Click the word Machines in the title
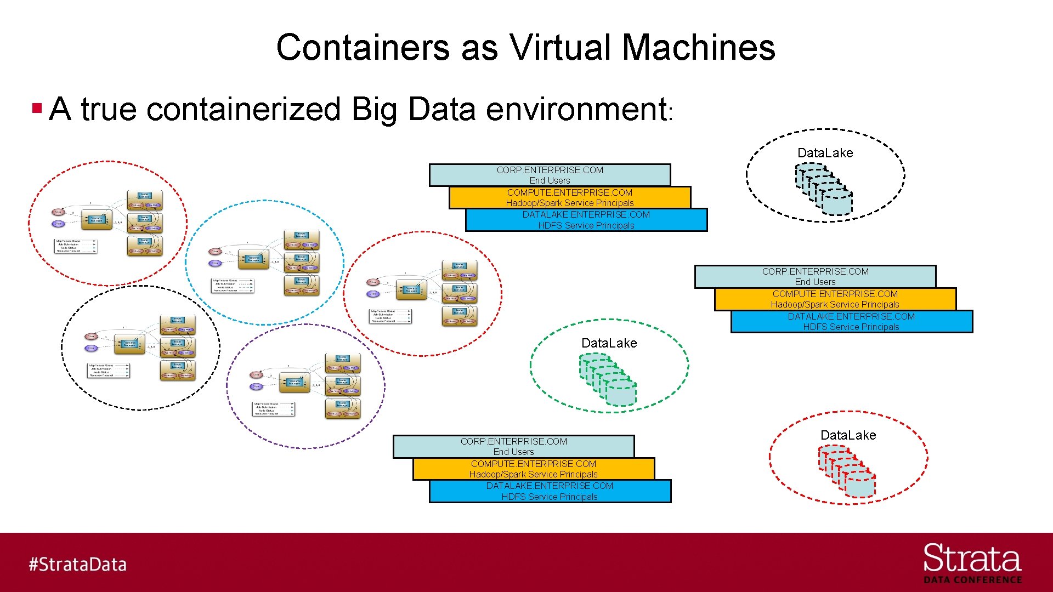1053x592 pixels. click(x=698, y=47)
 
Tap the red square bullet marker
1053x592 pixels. click(x=37, y=107)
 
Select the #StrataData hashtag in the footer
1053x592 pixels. click(x=78, y=564)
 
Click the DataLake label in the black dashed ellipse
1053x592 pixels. click(x=825, y=153)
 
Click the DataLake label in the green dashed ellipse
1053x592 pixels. click(x=609, y=343)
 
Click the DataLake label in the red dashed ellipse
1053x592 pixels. click(x=848, y=435)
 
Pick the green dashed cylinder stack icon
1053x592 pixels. click(x=608, y=379)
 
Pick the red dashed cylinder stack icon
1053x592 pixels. click(x=847, y=471)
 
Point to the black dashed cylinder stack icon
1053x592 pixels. click(x=824, y=190)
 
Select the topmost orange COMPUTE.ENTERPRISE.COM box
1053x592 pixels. click(x=569, y=197)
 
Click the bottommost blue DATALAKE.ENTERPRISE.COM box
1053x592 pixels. click(x=550, y=491)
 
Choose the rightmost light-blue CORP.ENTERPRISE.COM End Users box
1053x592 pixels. click(x=815, y=276)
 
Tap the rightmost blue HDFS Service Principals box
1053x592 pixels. click(x=851, y=322)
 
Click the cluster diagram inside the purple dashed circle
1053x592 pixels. click(x=306, y=386)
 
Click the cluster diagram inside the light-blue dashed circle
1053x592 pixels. click(x=264, y=263)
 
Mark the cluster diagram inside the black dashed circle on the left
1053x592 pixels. click(x=140, y=348)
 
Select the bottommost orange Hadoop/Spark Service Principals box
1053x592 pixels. click(x=533, y=469)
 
